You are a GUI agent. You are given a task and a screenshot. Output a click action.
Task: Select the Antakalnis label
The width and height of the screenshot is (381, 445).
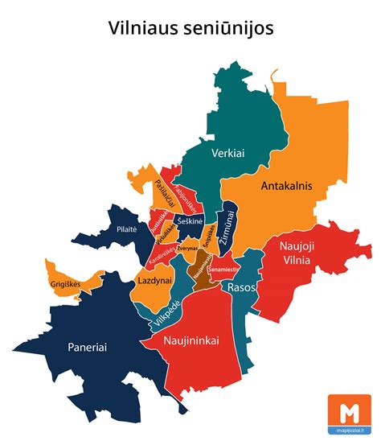click(x=285, y=186)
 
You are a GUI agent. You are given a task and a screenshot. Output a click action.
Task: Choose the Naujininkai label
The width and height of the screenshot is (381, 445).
click(x=191, y=341)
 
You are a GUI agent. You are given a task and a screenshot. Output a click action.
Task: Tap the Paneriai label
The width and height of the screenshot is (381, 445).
click(x=83, y=347)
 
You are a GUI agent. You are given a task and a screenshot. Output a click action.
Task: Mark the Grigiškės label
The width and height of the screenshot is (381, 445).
click(x=69, y=283)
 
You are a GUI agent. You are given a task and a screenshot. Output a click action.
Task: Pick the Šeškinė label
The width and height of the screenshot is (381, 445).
click(x=190, y=220)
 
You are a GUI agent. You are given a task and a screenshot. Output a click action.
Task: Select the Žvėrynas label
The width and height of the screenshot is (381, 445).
click(x=187, y=249)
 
